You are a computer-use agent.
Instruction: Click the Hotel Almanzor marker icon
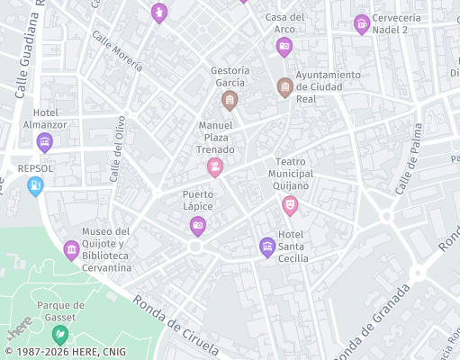click(x=44, y=142)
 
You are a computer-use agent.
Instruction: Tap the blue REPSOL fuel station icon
click(x=35, y=186)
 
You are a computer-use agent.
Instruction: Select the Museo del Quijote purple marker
click(x=71, y=249)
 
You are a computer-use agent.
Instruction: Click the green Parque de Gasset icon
click(x=60, y=336)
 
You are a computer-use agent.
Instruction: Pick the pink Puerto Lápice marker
click(x=198, y=226)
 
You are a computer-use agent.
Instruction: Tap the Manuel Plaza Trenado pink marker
click(x=215, y=166)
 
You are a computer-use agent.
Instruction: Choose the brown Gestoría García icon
click(x=230, y=99)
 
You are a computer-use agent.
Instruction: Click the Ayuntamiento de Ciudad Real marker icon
click(x=284, y=87)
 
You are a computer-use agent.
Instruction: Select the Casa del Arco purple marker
click(x=284, y=46)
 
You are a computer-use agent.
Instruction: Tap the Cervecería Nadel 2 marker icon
click(x=362, y=23)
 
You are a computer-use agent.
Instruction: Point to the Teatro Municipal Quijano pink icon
click(x=290, y=205)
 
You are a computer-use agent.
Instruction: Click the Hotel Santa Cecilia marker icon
click(x=266, y=246)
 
